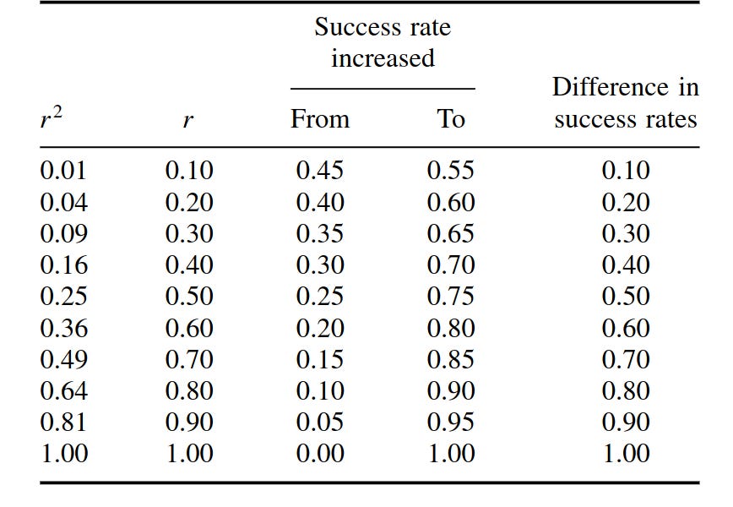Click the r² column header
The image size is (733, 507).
coord(52,118)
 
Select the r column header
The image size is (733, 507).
coord(187,120)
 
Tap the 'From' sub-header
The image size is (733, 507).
coord(319,119)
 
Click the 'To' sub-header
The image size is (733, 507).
coord(450,119)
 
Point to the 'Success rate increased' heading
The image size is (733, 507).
coord(383,42)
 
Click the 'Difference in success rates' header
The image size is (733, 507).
coord(625,103)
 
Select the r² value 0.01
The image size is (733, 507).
coord(63,171)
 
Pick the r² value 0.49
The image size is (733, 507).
coord(63,359)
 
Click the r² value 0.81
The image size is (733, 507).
coord(63,422)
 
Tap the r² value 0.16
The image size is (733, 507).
coord(63,265)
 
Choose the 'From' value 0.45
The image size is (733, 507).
coord(319,171)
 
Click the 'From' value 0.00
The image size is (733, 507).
coord(319,454)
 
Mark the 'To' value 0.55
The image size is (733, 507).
coord(450,171)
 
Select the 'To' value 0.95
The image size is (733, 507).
coord(450,422)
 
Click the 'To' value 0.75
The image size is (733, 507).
coord(450,297)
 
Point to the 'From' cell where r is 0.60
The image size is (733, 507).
coord(319,328)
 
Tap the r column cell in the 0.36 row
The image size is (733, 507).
coord(189,328)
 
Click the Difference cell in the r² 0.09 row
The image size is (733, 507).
coord(625,234)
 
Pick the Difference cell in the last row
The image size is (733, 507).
coord(625,454)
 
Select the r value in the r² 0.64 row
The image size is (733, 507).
coord(189,390)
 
